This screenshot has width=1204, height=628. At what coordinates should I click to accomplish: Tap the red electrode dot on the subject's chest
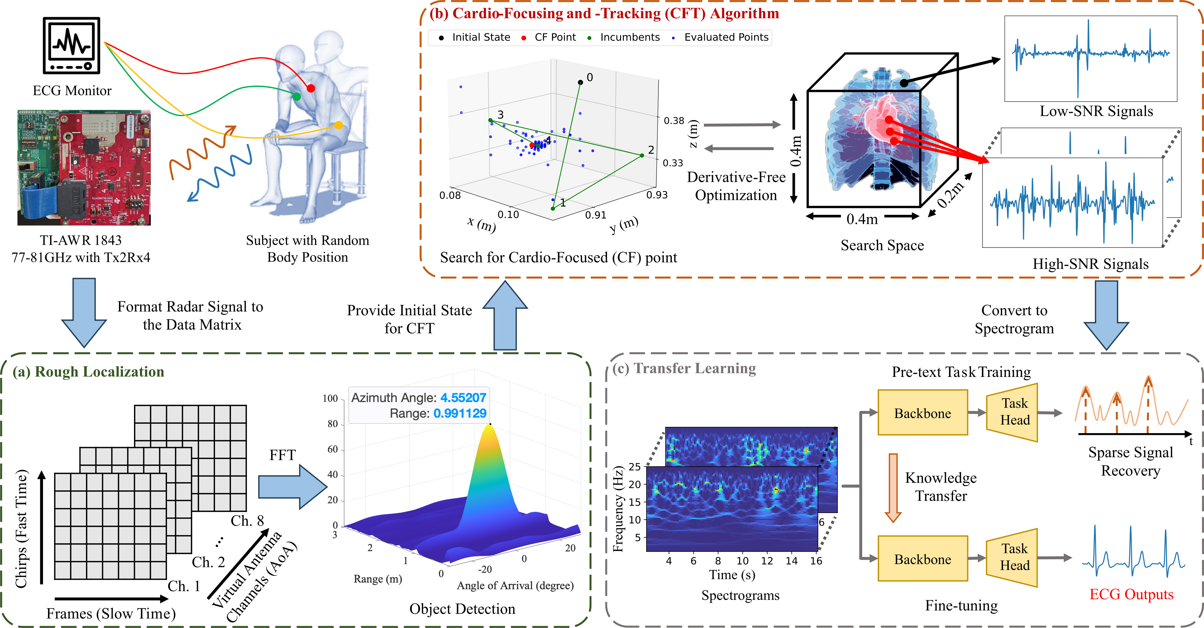tap(311, 88)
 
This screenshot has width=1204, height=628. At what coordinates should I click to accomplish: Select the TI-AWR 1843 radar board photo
tap(84, 168)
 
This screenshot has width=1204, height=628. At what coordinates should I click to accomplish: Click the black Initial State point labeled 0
tap(580, 82)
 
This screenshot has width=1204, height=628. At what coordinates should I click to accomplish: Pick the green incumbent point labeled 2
tap(642, 155)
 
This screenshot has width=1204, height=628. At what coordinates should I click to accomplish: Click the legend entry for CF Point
tap(555, 37)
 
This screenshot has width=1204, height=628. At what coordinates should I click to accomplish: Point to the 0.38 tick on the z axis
tap(674, 120)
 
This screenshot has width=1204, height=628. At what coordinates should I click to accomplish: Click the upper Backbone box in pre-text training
tap(922, 413)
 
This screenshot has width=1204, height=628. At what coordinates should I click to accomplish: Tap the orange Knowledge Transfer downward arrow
tap(893, 488)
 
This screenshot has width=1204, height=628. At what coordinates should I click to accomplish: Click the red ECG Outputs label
tap(1131, 594)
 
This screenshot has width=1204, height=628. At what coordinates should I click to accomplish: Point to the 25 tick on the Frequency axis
tap(634, 466)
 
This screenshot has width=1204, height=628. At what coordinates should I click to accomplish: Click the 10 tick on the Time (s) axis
tap(742, 561)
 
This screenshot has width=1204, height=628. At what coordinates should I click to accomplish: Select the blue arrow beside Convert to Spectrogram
tap(1106, 315)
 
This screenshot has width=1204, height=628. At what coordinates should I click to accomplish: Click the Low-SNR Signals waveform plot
tap(1091, 58)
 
